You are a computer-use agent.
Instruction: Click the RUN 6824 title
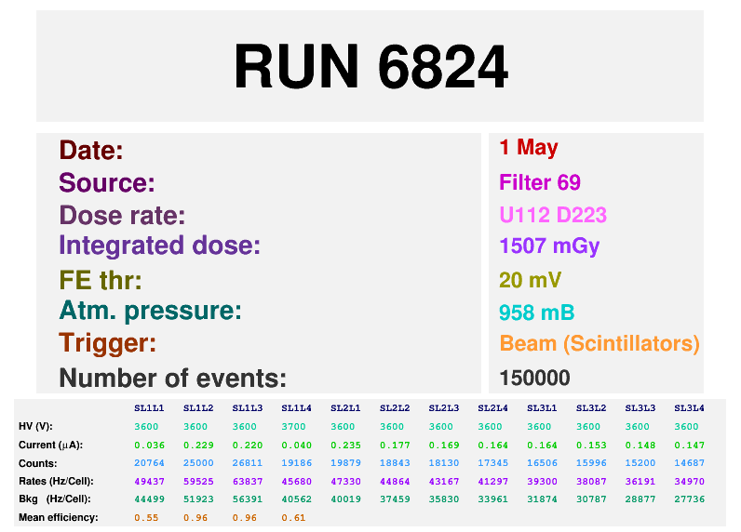pos(370,67)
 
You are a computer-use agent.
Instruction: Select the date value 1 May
pos(529,147)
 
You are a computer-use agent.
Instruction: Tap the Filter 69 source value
pos(540,182)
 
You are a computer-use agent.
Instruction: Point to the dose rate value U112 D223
pos(553,215)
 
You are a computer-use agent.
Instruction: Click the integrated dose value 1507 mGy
pos(549,246)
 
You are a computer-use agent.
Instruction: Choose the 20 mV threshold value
pos(531,280)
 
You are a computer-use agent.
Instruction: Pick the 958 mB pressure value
pos(536,312)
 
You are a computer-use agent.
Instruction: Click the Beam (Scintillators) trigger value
pos(599,343)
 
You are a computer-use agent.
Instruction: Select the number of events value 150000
pos(534,378)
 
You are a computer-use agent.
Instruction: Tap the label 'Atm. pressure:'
pos(150,311)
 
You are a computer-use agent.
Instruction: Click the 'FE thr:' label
pos(100,279)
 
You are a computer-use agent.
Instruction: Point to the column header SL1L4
pos(296,407)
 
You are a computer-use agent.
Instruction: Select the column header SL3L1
pos(542,407)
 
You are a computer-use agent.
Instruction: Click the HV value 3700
pos(296,426)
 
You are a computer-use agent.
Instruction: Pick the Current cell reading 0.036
pos(148,445)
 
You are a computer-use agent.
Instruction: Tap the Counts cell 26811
pos(247,462)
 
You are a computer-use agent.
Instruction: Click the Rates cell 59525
pos(197,481)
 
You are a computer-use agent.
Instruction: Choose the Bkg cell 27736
pos(689,499)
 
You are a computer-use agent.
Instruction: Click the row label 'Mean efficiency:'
pos(59,517)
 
